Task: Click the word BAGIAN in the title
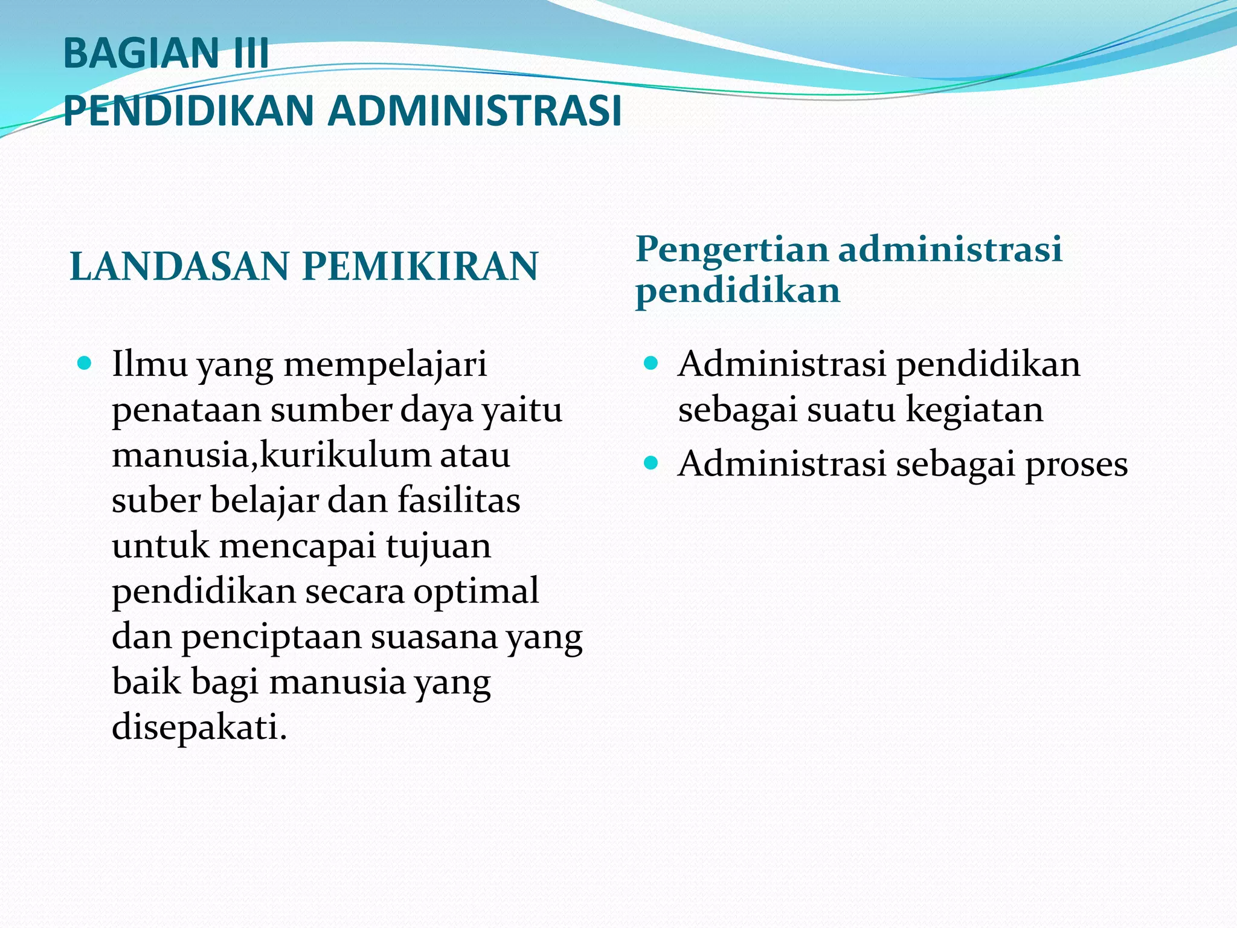pos(141,53)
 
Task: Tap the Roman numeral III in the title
pos(249,53)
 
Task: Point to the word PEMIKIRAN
pos(420,266)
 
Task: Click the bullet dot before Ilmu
pos(85,364)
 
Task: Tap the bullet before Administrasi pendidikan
pos(651,364)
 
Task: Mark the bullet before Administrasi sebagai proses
pos(651,463)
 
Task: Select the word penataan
pos(187,411)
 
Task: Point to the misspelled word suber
pos(156,501)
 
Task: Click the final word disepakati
pos(199,727)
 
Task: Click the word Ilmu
pos(149,365)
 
